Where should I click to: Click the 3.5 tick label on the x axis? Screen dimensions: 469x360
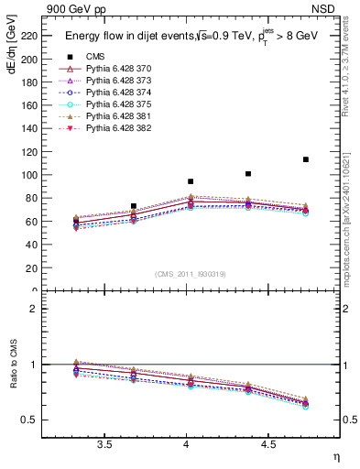point(105,444)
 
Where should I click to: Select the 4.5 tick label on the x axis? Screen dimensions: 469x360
point(268,444)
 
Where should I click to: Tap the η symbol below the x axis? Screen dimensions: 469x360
point(334,456)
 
